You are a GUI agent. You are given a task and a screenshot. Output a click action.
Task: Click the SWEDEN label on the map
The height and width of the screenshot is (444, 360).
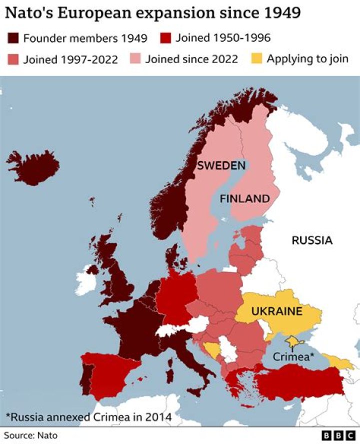(220, 166)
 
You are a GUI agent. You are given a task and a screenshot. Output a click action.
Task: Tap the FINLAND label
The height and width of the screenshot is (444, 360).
(244, 198)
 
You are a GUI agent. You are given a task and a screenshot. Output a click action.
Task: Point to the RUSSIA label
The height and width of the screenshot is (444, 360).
(312, 240)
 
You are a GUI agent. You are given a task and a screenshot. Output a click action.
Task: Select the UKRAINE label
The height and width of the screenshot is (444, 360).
(276, 311)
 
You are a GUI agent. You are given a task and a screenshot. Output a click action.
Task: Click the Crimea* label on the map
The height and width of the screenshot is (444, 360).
(293, 357)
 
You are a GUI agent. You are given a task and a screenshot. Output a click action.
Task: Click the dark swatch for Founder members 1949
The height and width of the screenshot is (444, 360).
(13, 38)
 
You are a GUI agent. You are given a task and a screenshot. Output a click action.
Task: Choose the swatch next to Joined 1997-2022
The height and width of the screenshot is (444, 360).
(13, 59)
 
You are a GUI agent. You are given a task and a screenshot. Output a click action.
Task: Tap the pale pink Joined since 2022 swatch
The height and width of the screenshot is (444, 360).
(135, 59)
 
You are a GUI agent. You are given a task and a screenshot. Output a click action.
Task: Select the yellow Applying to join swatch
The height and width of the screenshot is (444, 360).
(256, 59)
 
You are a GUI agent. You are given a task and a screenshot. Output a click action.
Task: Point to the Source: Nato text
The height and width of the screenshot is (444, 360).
(30, 435)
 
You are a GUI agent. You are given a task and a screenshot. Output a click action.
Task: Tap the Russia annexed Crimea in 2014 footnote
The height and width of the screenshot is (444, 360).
(88, 416)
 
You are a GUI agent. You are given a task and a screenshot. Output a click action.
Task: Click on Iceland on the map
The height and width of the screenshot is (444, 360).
(33, 166)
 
